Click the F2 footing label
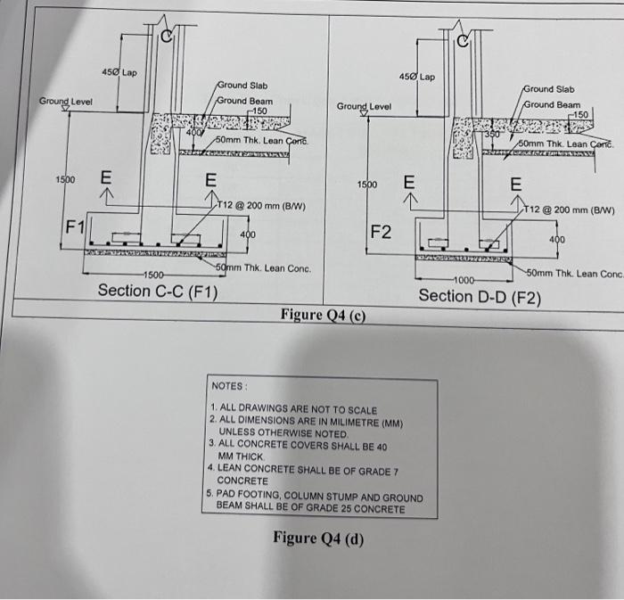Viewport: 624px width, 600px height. pyautogui.click(x=381, y=234)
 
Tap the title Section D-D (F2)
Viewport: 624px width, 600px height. pyautogui.click(x=479, y=296)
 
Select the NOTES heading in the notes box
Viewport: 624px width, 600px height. pyautogui.click(x=229, y=386)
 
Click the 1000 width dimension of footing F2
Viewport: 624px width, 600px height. pyautogui.click(x=464, y=281)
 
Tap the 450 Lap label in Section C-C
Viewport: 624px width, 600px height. pyautogui.click(x=119, y=71)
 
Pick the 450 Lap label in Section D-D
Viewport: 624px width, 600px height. pyautogui.click(x=416, y=77)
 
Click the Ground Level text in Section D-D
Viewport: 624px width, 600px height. pyautogui.click(x=365, y=107)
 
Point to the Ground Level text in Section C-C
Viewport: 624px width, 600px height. pyautogui.click(x=65, y=102)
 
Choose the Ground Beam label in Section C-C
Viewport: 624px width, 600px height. pyautogui.click(x=246, y=100)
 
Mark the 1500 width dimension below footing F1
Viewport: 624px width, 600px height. pyautogui.click(x=153, y=275)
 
